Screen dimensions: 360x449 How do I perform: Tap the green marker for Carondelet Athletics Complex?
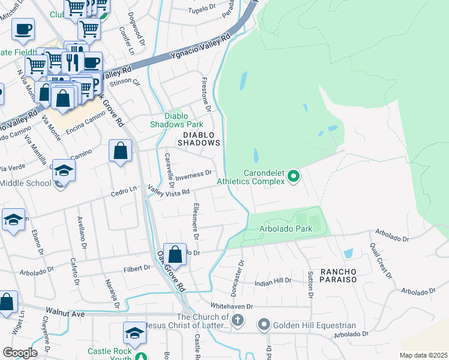294,176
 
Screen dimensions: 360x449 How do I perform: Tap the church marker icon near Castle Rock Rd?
238,320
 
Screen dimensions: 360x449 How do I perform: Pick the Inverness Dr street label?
193,174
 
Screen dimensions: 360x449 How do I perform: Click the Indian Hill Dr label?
273,280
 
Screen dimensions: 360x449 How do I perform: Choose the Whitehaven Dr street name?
232,306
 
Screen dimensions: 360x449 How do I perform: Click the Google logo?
20,352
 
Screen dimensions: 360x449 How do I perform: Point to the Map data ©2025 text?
423,355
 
